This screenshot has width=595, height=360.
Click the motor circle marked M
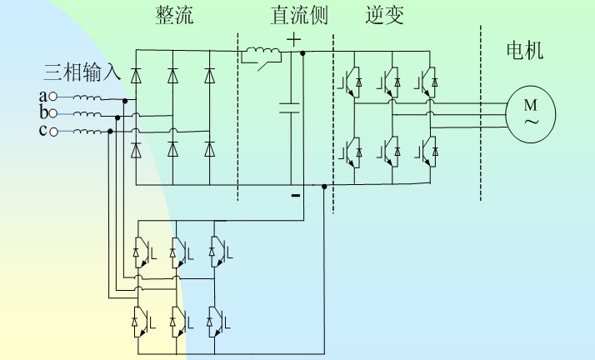tap(530, 112)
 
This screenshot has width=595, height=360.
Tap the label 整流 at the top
tap(174, 16)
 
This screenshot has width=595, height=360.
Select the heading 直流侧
tap(298, 16)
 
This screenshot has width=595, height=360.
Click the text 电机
tap(525, 51)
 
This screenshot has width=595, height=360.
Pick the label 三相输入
tap(82, 72)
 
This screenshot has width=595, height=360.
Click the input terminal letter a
tap(42, 97)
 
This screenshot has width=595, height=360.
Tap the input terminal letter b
tap(42, 112)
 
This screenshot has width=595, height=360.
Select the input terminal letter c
tap(42, 131)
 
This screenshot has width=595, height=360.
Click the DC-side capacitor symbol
tap(291, 107)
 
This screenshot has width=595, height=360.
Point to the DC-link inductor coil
tap(259, 56)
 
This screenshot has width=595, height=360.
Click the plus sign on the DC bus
tap(294, 38)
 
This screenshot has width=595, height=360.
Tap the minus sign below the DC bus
tap(294, 196)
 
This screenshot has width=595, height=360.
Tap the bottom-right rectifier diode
tap(209, 149)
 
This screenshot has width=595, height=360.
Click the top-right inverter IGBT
tap(427, 80)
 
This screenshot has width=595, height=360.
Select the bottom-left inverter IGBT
tap(351, 152)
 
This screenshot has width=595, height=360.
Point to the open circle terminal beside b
tap(53, 113)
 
